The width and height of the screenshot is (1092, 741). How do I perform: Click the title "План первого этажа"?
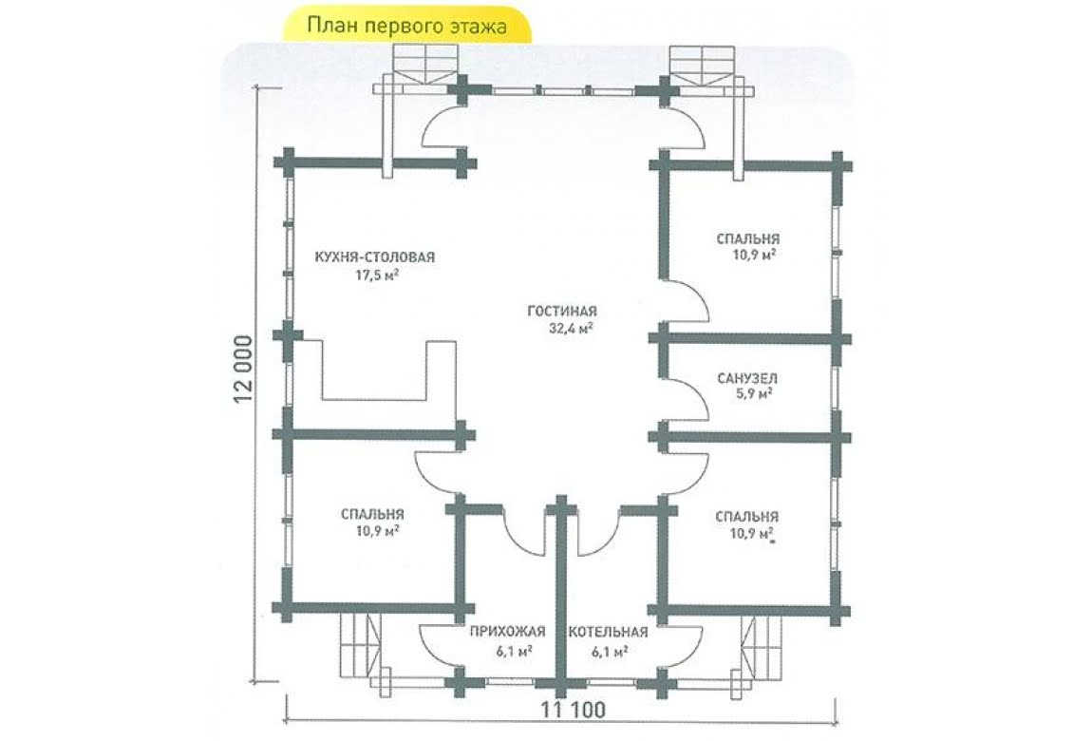pos(405,26)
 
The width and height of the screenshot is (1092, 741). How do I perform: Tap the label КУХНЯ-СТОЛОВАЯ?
pos(376,256)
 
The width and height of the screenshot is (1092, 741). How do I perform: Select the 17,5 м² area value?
pos(376,275)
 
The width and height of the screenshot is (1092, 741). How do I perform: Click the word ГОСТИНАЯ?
pos(563,311)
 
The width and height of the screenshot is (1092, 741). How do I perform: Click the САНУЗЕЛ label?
pos(747,377)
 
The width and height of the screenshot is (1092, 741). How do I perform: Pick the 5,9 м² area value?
pos(748,394)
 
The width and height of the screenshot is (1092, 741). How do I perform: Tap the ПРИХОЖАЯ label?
pos(506,632)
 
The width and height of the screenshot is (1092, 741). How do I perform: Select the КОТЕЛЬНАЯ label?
pos(608,632)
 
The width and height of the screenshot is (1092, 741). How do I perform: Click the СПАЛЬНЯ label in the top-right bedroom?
pos(748,237)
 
